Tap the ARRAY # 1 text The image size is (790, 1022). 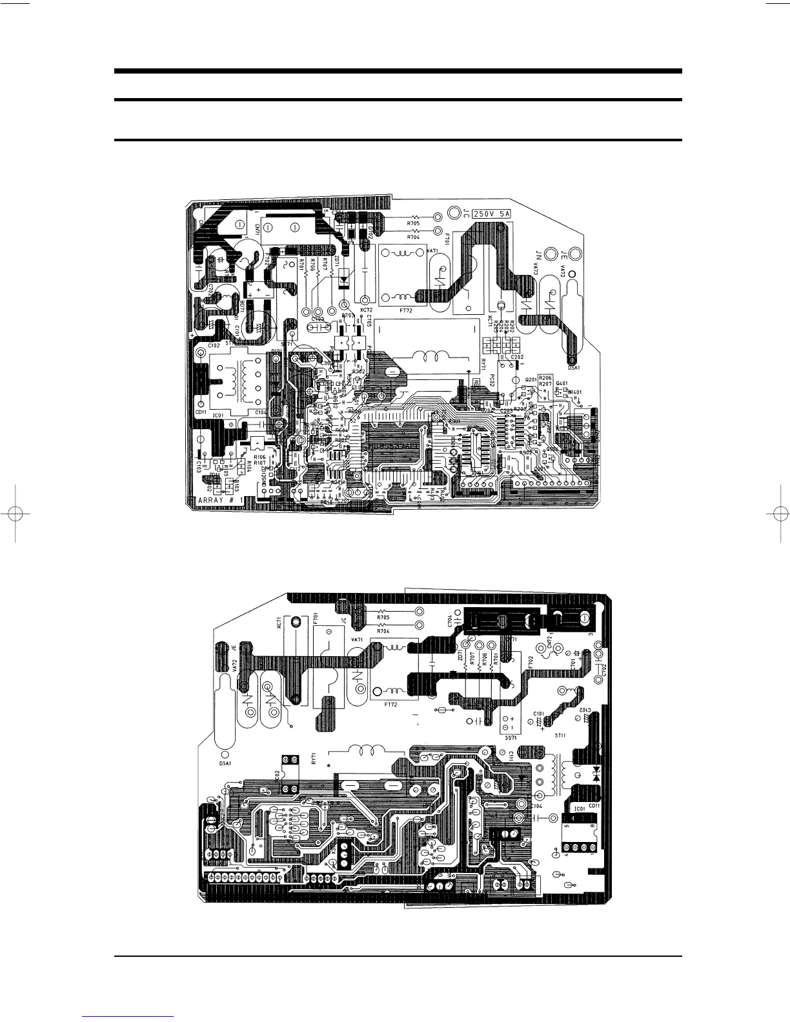click(219, 500)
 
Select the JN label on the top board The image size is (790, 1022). click(537, 252)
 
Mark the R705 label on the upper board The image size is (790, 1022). click(414, 225)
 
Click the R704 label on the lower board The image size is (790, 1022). click(383, 630)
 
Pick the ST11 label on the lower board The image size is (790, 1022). click(560, 734)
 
